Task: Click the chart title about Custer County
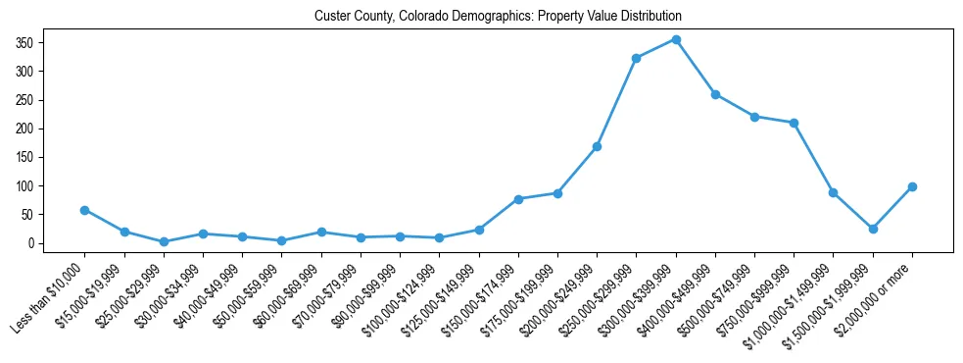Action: coord(498,17)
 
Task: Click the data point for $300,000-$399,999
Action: coord(676,39)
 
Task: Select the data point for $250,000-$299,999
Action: coord(637,58)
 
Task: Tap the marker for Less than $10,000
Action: coord(85,210)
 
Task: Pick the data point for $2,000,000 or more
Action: coord(912,186)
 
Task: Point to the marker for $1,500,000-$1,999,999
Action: coord(873,229)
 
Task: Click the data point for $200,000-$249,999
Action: coord(597,146)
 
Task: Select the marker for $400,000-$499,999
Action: coord(715,94)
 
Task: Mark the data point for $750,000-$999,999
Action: coord(794,123)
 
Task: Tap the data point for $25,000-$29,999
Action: coord(164,241)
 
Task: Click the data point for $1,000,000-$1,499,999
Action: coord(833,192)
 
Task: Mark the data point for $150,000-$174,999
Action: coord(518,199)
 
